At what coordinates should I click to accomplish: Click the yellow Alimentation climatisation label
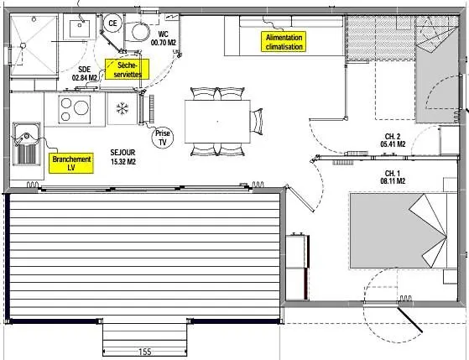(284, 42)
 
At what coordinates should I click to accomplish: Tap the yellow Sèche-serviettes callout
(127, 69)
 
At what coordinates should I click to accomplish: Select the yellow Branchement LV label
(71, 163)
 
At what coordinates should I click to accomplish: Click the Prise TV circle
(163, 138)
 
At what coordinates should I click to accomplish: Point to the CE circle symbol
(112, 23)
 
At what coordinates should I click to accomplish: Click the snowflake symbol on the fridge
(122, 108)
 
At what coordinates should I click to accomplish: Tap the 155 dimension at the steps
(145, 352)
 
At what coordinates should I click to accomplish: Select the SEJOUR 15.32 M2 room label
(123, 157)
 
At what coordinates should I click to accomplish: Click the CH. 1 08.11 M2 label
(393, 177)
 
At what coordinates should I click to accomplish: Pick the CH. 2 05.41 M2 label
(393, 140)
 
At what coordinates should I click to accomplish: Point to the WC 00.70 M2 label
(164, 39)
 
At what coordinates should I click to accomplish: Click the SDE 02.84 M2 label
(85, 74)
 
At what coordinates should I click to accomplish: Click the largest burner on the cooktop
(81, 107)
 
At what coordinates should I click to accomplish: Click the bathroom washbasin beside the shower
(80, 29)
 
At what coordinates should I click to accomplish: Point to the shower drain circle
(23, 46)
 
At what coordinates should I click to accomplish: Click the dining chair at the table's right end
(257, 121)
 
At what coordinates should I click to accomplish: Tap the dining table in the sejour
(217, 122)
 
